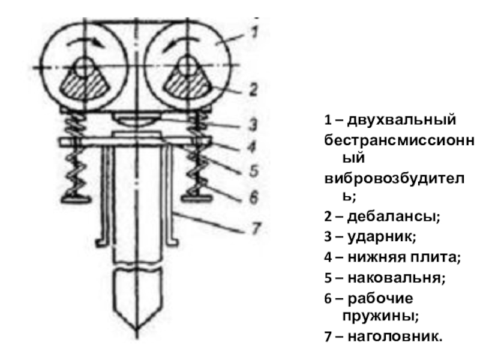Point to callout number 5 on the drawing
tap(254, 171)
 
